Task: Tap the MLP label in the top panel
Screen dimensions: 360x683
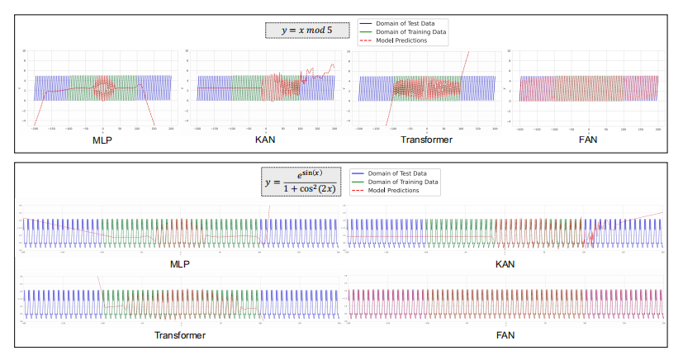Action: pyautogui.click(x=102, y=140)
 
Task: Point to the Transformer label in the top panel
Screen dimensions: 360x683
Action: pyautogui.click(x=426, y=140)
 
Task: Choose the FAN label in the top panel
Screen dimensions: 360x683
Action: pyautogui.click(x=587, y=140)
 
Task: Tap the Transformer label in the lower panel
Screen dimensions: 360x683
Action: pyautogui.click(x=179, y=336)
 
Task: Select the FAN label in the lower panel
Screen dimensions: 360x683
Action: pyautogui.click(x=505, y=336)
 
